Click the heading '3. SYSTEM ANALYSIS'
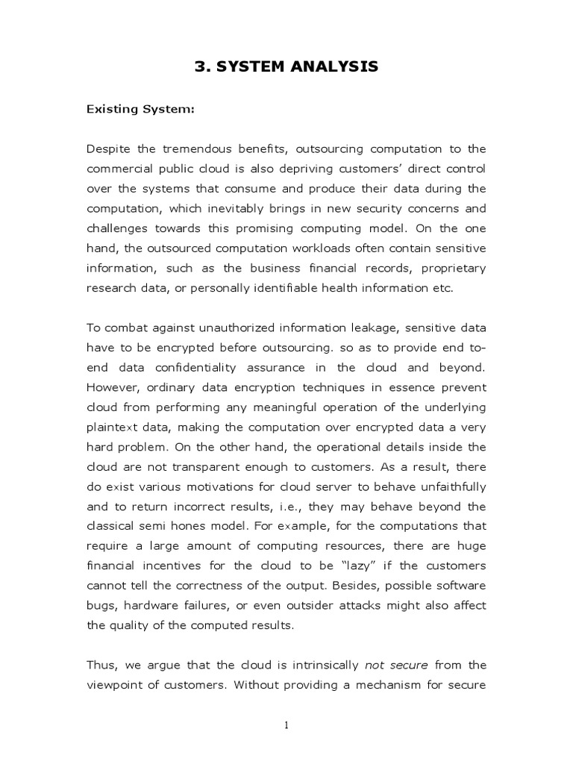(286, 67)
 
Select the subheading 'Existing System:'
(140, 110)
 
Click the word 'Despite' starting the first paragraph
(108, 149)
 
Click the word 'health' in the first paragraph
(336, 286)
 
